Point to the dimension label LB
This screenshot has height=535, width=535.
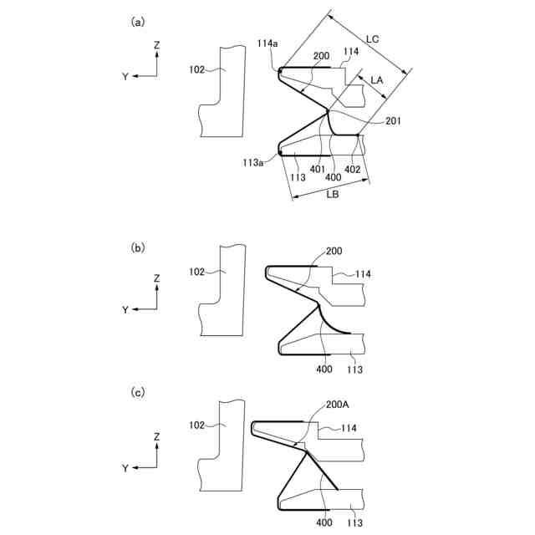(333, 194)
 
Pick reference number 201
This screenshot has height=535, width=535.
(394, 121)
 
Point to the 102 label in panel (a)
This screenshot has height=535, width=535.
(196, 70)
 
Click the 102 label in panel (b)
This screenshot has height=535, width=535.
(196, 272)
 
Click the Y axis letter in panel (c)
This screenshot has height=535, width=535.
(125, 469)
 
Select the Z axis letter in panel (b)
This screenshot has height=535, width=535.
(157, 278)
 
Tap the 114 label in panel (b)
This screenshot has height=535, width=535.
(363, 274)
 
